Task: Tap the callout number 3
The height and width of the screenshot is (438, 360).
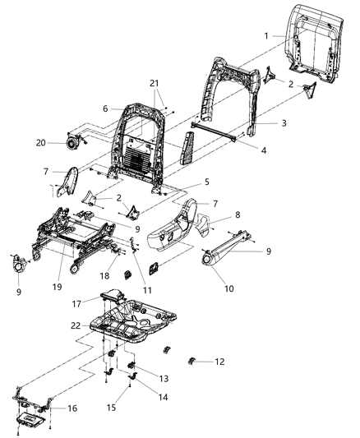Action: [261, 122]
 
